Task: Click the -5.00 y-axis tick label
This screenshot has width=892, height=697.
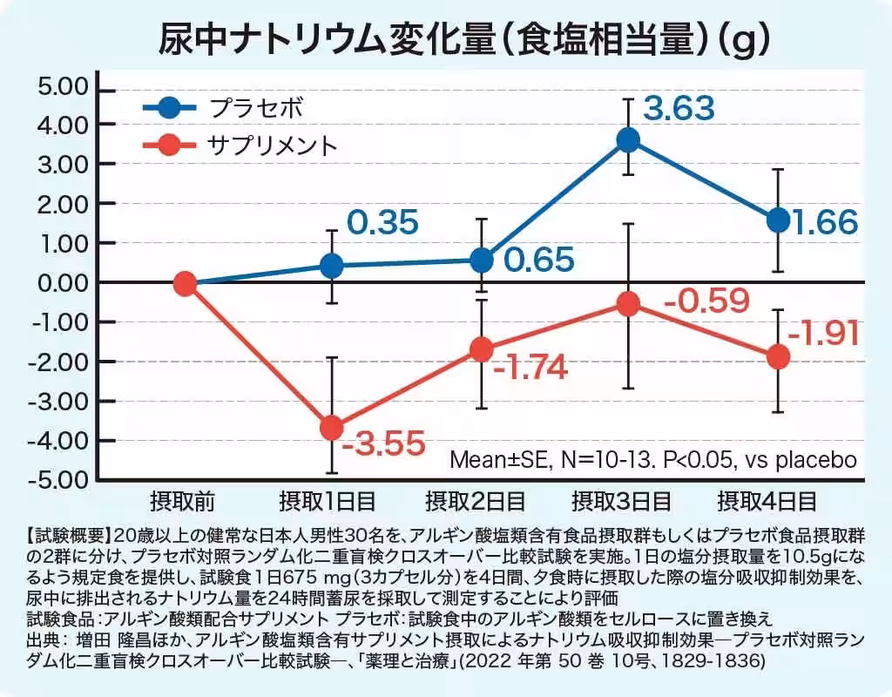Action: (62, 480)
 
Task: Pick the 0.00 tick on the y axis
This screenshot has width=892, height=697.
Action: (64, 283)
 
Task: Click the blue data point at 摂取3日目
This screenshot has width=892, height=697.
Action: (628, 140)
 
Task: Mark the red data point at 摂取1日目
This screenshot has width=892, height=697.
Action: (332, 428)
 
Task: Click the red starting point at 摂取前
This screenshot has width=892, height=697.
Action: (184, 283)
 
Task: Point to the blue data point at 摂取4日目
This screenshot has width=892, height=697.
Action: (778, 220)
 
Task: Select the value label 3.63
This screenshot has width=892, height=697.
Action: (679, 110)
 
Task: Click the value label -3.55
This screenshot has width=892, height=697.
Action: (384, 444)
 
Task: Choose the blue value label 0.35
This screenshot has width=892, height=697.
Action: (382, 222)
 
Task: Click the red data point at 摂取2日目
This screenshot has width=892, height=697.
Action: (482, 350)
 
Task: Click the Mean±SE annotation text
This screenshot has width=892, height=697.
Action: (652, 459)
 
